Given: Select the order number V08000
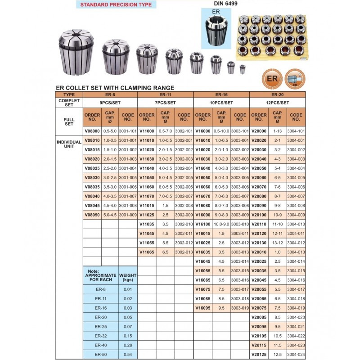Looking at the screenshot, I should [x=92, y=130].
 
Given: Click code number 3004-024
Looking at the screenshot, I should [x=295, y=355].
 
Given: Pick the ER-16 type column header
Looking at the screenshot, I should [x=221, y=95].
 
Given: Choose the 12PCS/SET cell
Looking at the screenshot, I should [x=277, y=103].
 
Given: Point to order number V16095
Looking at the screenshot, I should [x=203, y=308].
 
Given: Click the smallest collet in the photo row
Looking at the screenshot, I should [x=243, y=69].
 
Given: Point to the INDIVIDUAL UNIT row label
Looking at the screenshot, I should [x=69, y=144].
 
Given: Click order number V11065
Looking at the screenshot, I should [x=147, y=252].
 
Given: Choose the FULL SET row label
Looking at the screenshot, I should [x=69, y=120].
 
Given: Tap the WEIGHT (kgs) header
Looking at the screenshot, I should [x=127, y=277].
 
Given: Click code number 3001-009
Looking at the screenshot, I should [x=127, y=215].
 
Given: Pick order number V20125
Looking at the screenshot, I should [x=259, y=355].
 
